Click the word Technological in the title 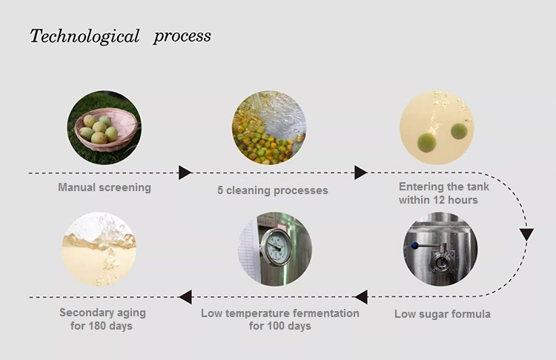[85, 36]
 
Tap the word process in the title [182, 36]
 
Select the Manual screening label [105, 187]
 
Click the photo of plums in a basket [105, 127]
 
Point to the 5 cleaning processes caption [273, 190]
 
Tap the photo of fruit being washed [269, 127]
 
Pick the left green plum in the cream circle [426, 142]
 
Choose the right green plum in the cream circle [459, 131]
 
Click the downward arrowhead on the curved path [527, 235]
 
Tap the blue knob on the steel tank [414, 245]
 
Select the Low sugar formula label [443, 314]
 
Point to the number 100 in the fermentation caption [272, 326]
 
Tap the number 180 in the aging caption [93, 326]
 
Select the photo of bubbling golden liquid [99, 249]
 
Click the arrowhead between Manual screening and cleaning [185, 173]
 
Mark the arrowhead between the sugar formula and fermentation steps [361, 297]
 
